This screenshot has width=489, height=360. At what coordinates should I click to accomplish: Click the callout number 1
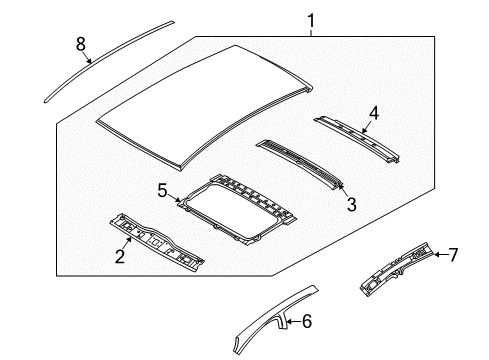point(311,19)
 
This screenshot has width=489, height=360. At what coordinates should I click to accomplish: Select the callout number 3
point(350,205)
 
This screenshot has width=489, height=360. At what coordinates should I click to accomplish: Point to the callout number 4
point(373,115)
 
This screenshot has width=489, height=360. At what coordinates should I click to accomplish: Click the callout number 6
point(307,321)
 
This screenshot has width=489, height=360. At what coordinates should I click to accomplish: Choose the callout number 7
point(452,255)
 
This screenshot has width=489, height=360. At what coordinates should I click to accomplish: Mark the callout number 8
point(80,42)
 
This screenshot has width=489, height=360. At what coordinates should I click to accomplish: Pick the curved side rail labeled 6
point(265,319)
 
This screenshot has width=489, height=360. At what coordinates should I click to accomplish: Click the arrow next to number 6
point(293,321)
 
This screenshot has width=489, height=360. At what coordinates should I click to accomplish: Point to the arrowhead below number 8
point(90,60)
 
